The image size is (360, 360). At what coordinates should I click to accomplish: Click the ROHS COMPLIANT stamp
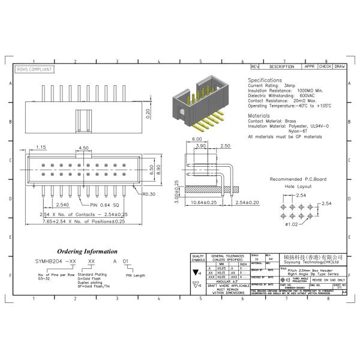point(35,70)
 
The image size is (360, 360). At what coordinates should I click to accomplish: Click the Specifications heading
point(265,80)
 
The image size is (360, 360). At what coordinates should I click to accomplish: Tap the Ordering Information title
point(88,251)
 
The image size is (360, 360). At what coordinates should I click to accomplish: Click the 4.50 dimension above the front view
point(84,148)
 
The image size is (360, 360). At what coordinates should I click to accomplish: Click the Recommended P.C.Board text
point(298,179)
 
